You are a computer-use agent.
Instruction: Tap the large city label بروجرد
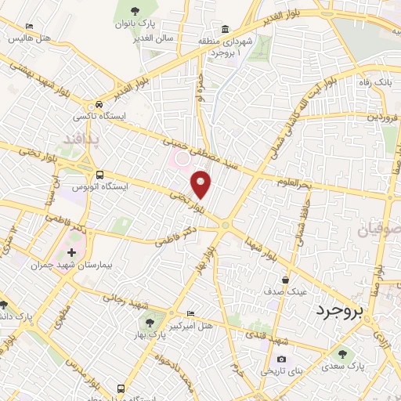pos(341,312)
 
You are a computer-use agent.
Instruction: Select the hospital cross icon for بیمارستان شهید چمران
pos(71,253)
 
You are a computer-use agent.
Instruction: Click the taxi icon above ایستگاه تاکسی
pos(99,104)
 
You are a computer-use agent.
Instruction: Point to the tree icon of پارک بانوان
pos(135,11)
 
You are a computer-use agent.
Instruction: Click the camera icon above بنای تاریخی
pos(281,359)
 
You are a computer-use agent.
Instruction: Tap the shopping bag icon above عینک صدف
pos(287,279)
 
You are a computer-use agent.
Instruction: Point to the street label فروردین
pos(385,117)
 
